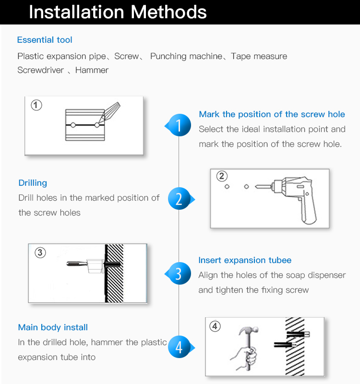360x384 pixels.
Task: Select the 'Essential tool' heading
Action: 45,40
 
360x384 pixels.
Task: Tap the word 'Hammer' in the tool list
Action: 92,70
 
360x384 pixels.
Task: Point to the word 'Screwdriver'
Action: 41,70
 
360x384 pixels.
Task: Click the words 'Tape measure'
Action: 259,56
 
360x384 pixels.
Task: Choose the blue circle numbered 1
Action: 180,125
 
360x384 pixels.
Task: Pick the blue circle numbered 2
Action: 179,199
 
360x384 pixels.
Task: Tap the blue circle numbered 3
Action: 180,273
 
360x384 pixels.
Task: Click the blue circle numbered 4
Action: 179,347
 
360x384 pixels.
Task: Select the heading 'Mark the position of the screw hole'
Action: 272,114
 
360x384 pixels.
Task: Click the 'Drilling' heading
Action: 33,183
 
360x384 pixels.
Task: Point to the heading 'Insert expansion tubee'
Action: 245,260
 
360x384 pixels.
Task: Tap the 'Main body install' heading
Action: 53,327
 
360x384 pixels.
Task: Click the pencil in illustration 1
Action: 109,113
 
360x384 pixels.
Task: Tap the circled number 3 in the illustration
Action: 40,252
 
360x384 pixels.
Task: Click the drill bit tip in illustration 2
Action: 255,187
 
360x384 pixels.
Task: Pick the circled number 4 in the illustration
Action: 215,326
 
